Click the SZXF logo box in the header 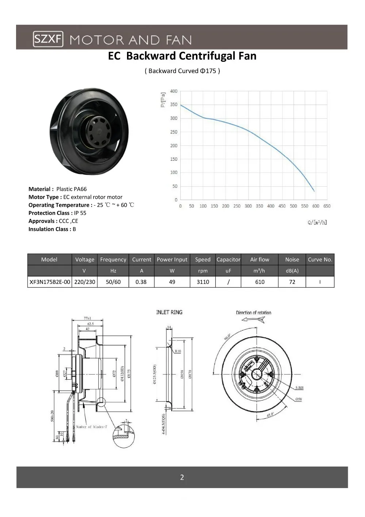click(x=48, y=39)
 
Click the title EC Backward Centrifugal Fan click(x=182, y=56)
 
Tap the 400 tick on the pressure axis click(x=174, y=91)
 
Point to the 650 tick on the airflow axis click(x=327, y=206)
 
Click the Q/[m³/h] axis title click(x=317, y=222)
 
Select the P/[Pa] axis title click(x=163, y=100)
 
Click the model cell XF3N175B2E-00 click(x=50, y=282)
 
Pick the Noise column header click(x=292, y=259)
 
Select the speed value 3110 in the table click(x=203, y=282)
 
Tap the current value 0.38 click(x=141, y=282)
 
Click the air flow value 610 click(x=260, y=282)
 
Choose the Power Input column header click(x=172, y=259)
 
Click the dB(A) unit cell click(x=292, y=271)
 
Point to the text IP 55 click(x=80, y=213)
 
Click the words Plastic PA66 click(x=72, y=189)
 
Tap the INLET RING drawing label click(x=169, y=312)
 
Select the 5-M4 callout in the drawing click(x=299, y=388)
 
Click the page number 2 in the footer click(x=182, y=477)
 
